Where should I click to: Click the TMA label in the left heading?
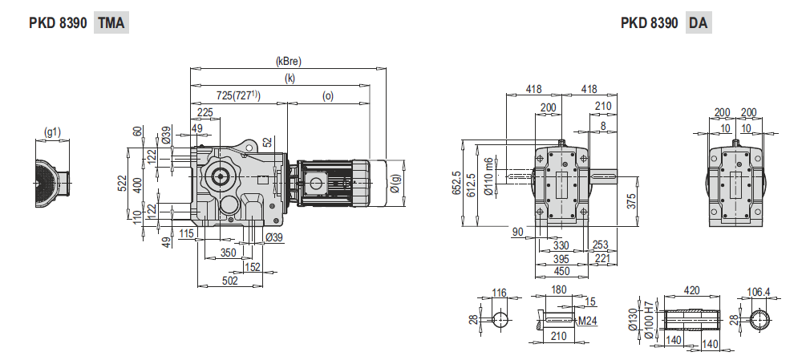(111, 23)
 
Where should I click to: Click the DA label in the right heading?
(699, 23)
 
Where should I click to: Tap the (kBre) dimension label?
(288, 62)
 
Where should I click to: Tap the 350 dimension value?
(226, 253)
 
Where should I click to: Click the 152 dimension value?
(252, 267)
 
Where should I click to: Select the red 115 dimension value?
(186, 234)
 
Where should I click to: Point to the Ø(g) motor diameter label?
(395, 184)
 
